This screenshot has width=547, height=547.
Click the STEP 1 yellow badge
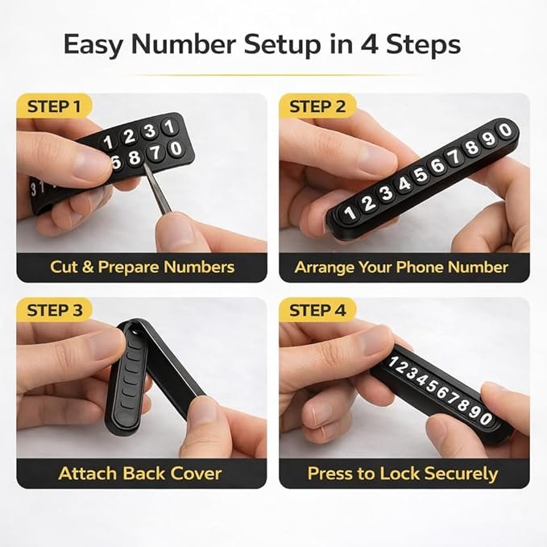pyautogui.click(x=54, y=106)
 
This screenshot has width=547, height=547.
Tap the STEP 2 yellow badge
pyautogui.click(x=317, y=106)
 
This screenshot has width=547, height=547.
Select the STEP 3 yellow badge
pyautogui.click(x=55, y=310)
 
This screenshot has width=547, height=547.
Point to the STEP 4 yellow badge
pyautogui.click(x=317, y=310)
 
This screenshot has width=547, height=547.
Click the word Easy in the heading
pyautogui.click(x=93, y=45)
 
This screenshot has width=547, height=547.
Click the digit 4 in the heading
pyautogui.click(x=369, y=44)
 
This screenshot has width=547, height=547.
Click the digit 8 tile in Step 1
pyautogui.click(x=134, y=157)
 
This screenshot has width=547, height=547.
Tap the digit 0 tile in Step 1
pyautogui.click(x=176, y=148)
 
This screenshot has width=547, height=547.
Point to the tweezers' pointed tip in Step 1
pyautogui.click(x=146, y=164)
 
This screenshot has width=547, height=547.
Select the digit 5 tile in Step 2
pyautogui.click(x=421, y=175)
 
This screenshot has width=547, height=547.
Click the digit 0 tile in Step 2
pyautogui.click(x=505, y=131)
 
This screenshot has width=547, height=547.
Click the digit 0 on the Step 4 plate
pyautogui.click(x=486, y=418)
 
